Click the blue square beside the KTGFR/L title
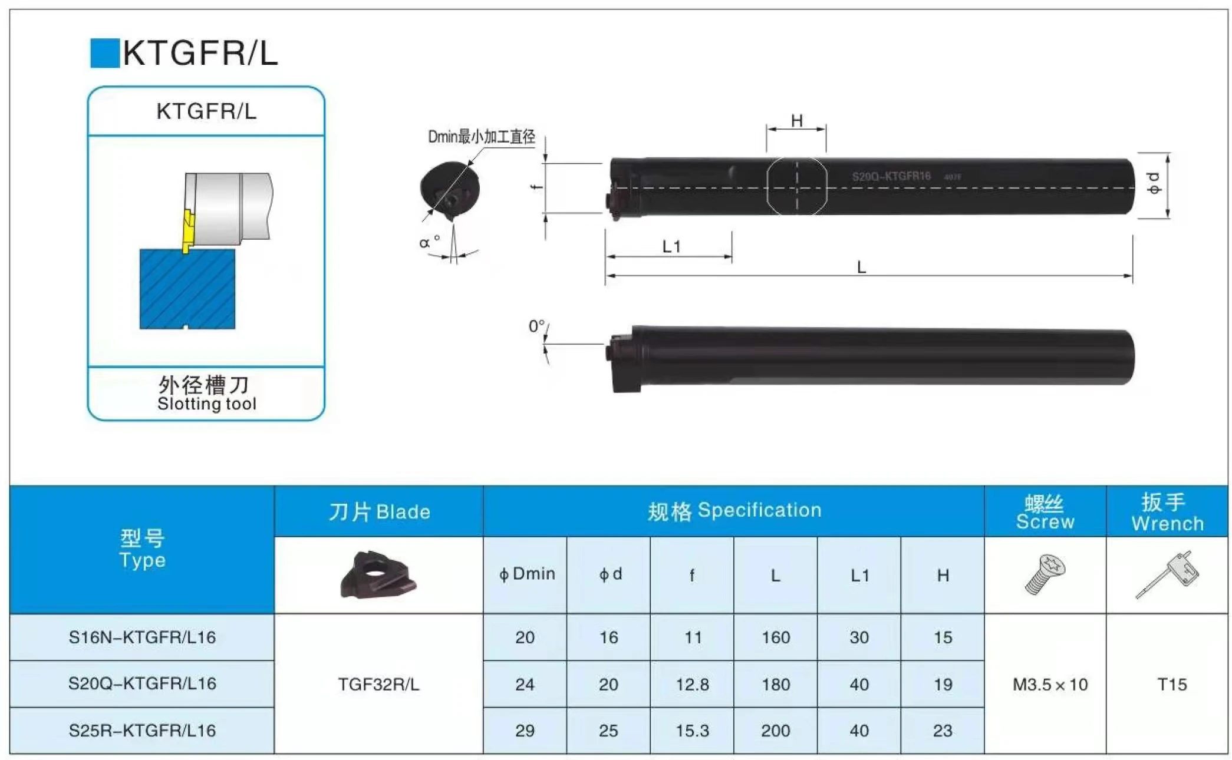(x=104, y=53)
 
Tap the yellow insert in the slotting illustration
(x=187, y=232)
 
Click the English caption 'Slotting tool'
(x=206, y=404)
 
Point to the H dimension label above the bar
(x=796, y=121)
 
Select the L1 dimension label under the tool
(x=671, y=246)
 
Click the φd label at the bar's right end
(x=1154, y=183)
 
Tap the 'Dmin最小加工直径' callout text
(x=481, y=137)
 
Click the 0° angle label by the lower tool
(x=536, y=326)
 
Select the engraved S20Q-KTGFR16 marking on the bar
(x=891, y=176)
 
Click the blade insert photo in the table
(x=378, y=574)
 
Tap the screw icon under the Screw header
(x=1045, y=574)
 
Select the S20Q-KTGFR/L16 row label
(x=142, y=683)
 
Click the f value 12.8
(x=692, y=685)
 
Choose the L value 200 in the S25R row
(x=775, y=731)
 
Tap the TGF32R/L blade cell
(x=378, y=685)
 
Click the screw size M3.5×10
(x=1050, y=685)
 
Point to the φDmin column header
(x=526, y=574)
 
